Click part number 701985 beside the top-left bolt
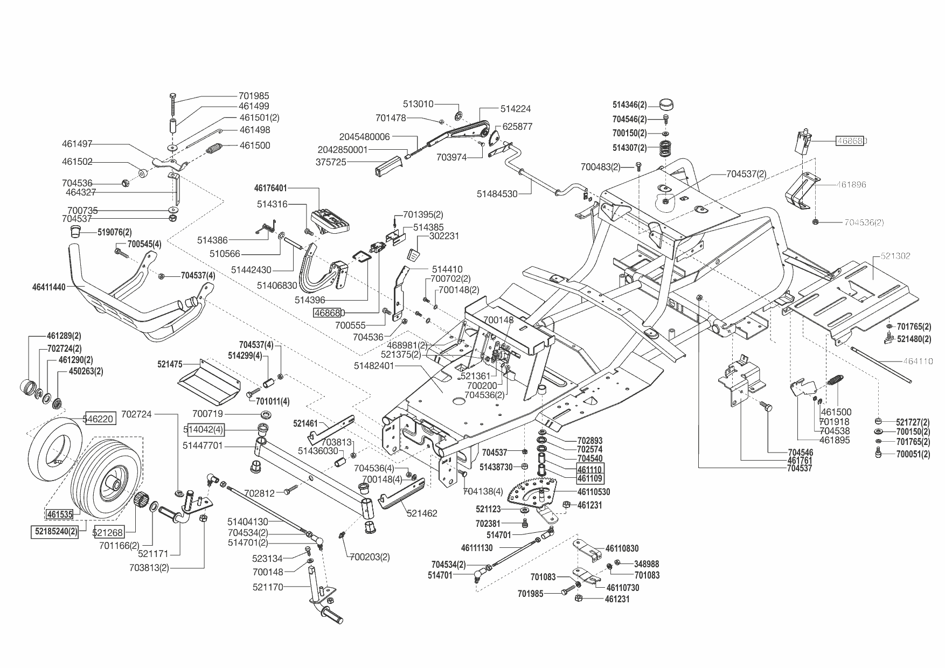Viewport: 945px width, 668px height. click(254, 96)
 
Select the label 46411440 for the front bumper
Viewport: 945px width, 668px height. click(49, 287)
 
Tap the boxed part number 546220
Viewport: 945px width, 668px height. click(99, 418)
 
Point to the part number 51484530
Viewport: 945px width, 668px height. click(497, 194)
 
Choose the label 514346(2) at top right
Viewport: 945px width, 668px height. click(629, 105)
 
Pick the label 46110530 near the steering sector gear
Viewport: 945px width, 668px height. click(593, 492)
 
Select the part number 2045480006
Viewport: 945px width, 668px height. click(364, 137)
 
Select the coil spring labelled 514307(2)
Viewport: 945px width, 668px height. click(666, 147)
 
